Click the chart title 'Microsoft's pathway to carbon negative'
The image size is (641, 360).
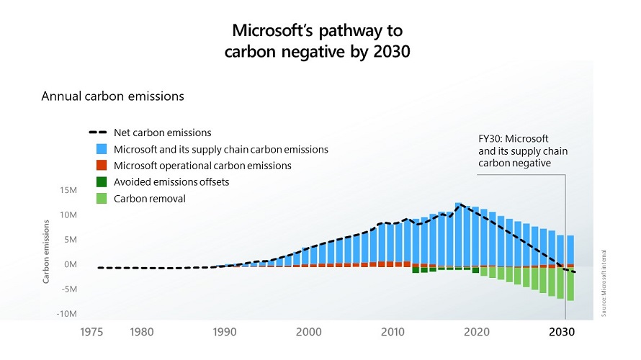pos(321,41)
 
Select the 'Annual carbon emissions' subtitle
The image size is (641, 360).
pos(113,96)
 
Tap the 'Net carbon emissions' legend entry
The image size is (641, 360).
pos(162,132)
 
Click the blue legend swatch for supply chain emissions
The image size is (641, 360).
pos(102,149)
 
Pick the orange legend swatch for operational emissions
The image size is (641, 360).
pos(102,166)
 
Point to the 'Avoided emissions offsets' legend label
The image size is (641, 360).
pos(171,182)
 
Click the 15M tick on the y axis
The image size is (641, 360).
pos(68,190)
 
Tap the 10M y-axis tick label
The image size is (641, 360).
pos(68,215)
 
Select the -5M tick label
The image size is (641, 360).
pos(68,289)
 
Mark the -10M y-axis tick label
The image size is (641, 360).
pos(67,315)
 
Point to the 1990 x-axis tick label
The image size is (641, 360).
pos(225,332)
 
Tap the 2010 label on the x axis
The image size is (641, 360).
pos(393,332)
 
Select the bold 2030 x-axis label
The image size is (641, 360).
pos(562,332)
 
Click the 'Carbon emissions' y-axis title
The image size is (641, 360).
pos(45,253)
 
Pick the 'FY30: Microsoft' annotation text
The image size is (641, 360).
pos(514,138)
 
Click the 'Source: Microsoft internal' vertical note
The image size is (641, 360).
pos(605,282)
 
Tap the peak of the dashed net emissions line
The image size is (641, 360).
pos(460,204)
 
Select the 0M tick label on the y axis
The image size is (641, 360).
pos(70,265)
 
